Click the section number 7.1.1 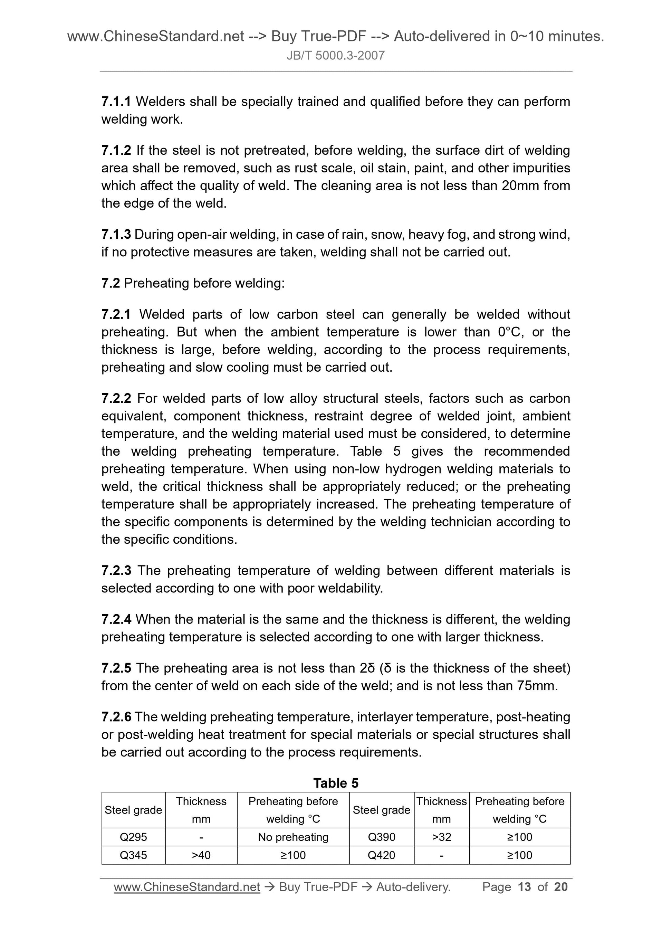(116, 102)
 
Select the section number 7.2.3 (116, 570)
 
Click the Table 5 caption (336, 783)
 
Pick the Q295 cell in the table (133, 837)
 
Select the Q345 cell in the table (133, 855)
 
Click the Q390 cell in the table (381, 837)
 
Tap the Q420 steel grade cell (381, 855)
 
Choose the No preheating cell (293, 837)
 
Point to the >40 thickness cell (201, 855)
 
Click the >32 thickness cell (441, 837)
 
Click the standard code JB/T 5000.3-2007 (336, 56)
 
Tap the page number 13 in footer (524, 887)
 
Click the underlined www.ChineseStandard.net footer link (187, 887)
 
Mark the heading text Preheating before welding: (204, 283)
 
